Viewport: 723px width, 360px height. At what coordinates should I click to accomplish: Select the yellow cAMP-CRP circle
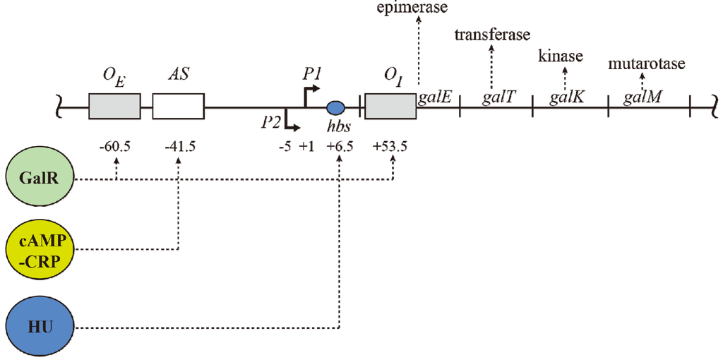[40, 248]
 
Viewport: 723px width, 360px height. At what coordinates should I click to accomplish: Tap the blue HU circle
[40, 328]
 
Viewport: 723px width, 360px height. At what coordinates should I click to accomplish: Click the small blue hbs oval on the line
[336, 107]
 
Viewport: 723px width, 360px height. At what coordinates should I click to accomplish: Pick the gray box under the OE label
[115, 107]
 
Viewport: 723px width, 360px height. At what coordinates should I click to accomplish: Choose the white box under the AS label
[178, 107]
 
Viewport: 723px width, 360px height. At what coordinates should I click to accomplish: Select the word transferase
[492, 35]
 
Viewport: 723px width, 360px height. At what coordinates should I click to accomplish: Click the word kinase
[561, 56]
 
